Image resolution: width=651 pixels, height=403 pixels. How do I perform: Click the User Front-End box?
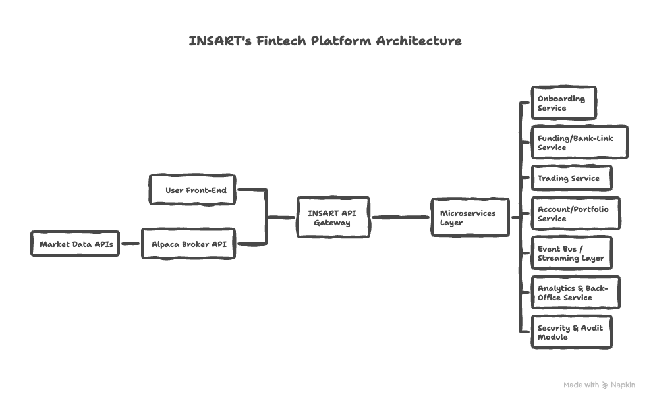coord(192,190)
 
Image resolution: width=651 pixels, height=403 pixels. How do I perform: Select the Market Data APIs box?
coord(75,244)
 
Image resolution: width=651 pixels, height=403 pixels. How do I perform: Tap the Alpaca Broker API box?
coord(188,244)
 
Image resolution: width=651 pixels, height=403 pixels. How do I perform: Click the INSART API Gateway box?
coord(333,217)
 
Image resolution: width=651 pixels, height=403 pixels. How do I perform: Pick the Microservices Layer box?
coord(470,217)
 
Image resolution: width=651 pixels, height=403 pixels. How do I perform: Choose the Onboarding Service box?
coord(563,103)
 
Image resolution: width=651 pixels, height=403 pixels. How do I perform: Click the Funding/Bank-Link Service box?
coord(579,143)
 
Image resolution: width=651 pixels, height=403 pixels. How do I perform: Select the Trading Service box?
coord(571,178)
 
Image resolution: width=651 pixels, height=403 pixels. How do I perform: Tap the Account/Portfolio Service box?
coord(575,213)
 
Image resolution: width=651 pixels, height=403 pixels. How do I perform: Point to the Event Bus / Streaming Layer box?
coord(571,254)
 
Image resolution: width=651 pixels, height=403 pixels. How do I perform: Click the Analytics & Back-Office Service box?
coord(575,293)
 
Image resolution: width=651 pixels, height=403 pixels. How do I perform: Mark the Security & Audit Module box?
coord(571,333)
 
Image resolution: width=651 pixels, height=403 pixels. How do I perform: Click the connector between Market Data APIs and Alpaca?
coord(130,244)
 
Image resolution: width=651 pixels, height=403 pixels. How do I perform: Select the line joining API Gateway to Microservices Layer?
coord(400,217)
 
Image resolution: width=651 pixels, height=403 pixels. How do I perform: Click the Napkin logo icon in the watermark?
coord(606,385)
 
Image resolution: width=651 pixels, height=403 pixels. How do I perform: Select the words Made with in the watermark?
coord(581,385)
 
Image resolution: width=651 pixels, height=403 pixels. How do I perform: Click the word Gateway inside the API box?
coord(332,223)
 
